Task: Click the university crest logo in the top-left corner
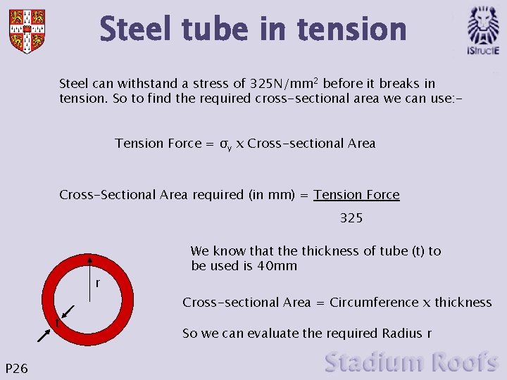pos(27,30)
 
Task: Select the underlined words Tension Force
pos(356,195)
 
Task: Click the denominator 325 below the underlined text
pos(351,218)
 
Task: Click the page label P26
pos(16,367)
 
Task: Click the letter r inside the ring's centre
pos(97,284)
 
